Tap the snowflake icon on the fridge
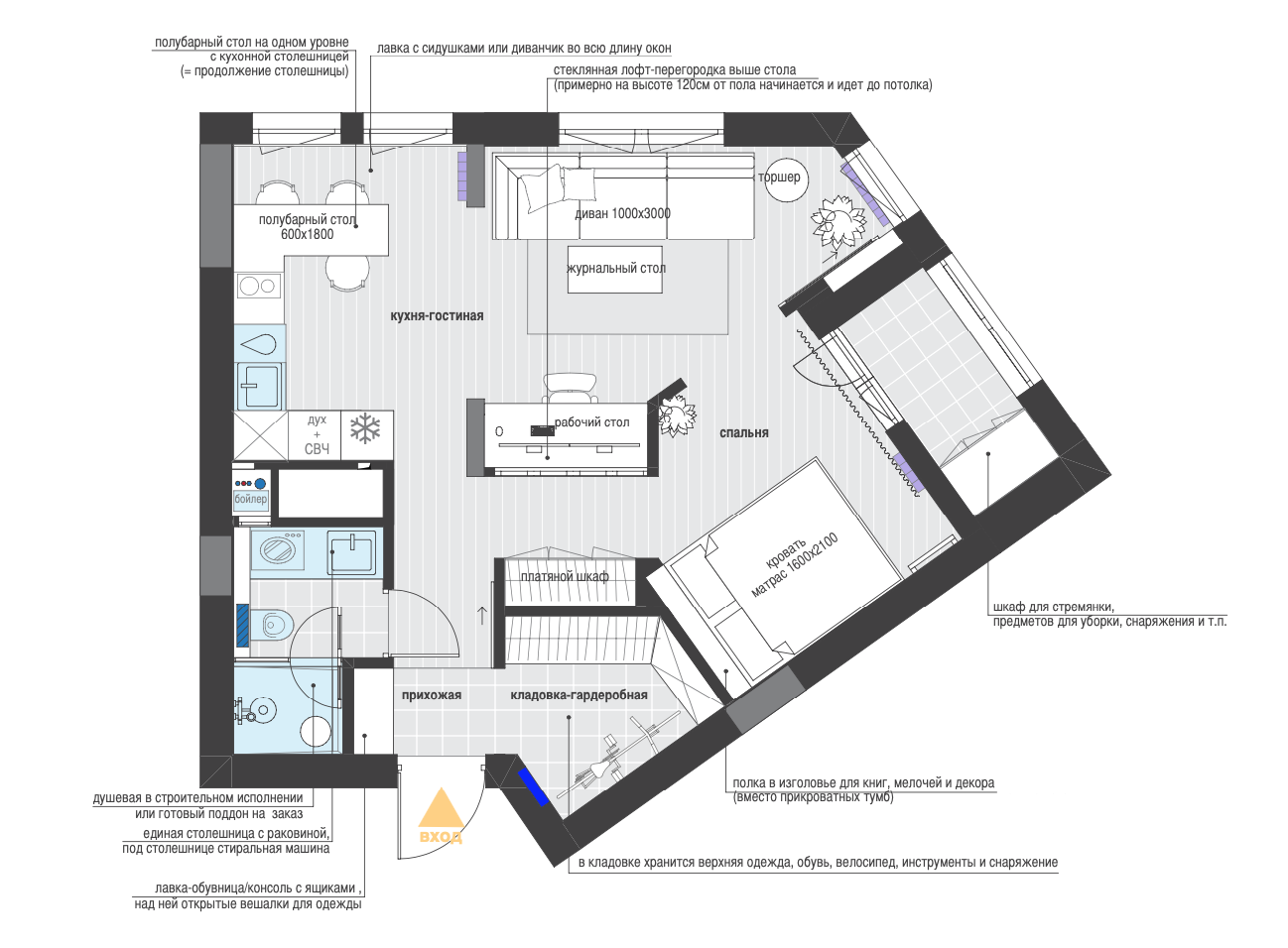pyautogui.click(x=365, y=428)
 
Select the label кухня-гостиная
pyautogui.click(x=437, y=316)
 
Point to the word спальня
pyautogui.click(x=744, y=432)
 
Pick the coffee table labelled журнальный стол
pyautogui.click(x=615, y=270)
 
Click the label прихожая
pyautogui.click(x=432, y=695)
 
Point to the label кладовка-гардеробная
pyautogui.click(x=580, y=695)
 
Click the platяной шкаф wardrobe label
pyautogui.click(x=565, y=576)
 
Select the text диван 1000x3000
pyautogui.click(x=623, y=214)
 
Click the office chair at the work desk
pyautogui.click(x=570, y=389)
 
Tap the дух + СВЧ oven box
pyautogui.click(x=317, y=435)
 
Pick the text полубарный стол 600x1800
pyautogui.click(x=307, y=227)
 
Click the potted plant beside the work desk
pyautogui.click(x=677, y=415)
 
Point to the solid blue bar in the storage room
pyautogui.click(x=533, y=787)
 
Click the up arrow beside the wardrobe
pyautogui.click(x=482, y=616)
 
